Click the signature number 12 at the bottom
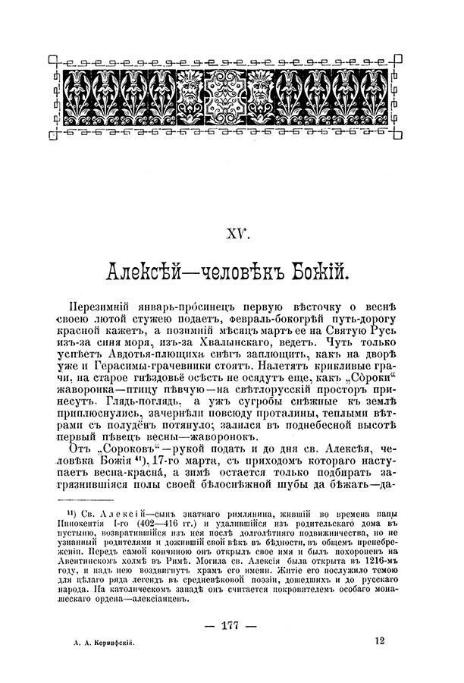point(379,641)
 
